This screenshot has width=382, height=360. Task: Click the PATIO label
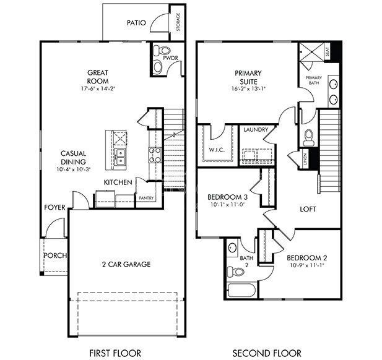(x=136, y=23)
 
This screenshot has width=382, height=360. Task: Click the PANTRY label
(x=146, y=198)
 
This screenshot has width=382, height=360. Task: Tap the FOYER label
(x=54, y=207)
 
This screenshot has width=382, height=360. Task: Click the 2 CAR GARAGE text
(x=126, y=264)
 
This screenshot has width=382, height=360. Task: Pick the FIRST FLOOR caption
(x=115, y=353)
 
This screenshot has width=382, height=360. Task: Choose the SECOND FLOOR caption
(x=267, y=353)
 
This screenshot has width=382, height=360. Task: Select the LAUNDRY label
(x=255, y=130)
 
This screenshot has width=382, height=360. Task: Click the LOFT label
(x=308, y=209)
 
